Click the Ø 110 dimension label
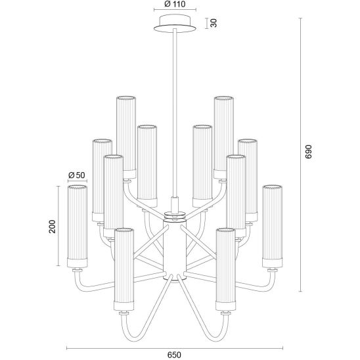(x=175, y=4)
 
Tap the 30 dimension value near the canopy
(x=214, y=23)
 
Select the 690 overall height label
(x=309, y=152)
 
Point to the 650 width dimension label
(x=174, y=355)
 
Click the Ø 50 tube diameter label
(x=77, y=175)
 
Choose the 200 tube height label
(x=53, y=227)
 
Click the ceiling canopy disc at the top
(x=175, y=24)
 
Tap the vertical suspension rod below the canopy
(x=175, y=112)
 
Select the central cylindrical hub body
(x=175, y=250)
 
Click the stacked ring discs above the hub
(x=175, y=216)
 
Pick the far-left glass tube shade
(x=78, y=226)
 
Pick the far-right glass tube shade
(x=272, y=226)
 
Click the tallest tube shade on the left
(x=126, y=137)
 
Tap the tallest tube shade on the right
(x=223, y=137)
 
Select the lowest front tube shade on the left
(x=124, y=269)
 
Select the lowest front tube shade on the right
(x=226, y=269)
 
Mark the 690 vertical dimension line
(x=300, y=155)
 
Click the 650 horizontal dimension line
(x=175, y=348)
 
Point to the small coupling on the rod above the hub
(x=175, y=204)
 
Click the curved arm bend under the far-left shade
(x=79, y=284)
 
